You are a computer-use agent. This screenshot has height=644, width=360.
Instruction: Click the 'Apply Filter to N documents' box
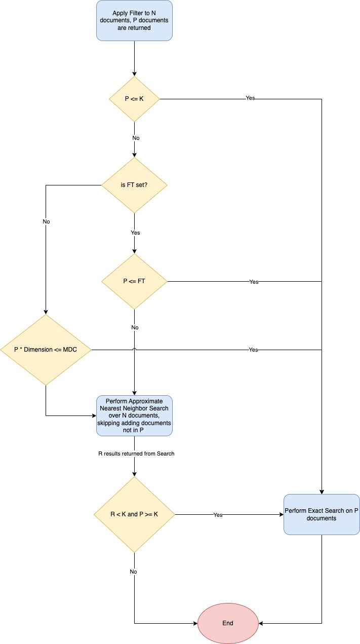tap(134, 20)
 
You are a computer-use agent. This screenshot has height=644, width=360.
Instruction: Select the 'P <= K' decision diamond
tap(134, 99)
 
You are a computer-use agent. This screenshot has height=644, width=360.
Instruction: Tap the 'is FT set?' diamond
tap(134, 185)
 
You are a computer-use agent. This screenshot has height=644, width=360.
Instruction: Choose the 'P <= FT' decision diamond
tap(134, 281)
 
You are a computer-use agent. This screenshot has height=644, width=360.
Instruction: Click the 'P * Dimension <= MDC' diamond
tap(46, 350)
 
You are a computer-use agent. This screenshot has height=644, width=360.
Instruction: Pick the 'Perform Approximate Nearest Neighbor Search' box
tap(134, 415)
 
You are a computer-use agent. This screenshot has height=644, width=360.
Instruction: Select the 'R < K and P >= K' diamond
tap(134, 514)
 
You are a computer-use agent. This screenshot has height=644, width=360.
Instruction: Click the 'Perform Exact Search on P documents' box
tap(322, 514)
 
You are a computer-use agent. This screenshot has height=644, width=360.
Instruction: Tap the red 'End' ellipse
tap(228, 623)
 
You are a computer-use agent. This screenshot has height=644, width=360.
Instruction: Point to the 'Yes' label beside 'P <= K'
tap(250, 98)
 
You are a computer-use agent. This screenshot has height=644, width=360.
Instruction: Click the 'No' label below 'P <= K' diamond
tap(136, 138)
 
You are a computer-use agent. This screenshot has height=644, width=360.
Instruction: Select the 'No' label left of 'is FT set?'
tap(47, 221)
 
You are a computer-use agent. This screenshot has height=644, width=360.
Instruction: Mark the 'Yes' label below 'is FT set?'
tap(135, 233)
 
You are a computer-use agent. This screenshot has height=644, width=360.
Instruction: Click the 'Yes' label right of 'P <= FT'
tap(254, 282)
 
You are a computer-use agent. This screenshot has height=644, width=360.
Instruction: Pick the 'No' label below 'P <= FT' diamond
tap(135, 327)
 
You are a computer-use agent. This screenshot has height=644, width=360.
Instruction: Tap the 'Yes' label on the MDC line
tap(253, 350)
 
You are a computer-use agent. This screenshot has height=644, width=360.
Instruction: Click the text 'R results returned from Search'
tap(136, 453)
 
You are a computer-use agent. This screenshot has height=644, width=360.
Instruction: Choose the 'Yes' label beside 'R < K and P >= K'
tap(218, 515)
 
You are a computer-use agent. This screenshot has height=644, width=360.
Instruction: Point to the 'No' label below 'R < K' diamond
tap(133, 572)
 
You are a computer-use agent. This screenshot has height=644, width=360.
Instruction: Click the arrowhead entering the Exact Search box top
tap(322, 491)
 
